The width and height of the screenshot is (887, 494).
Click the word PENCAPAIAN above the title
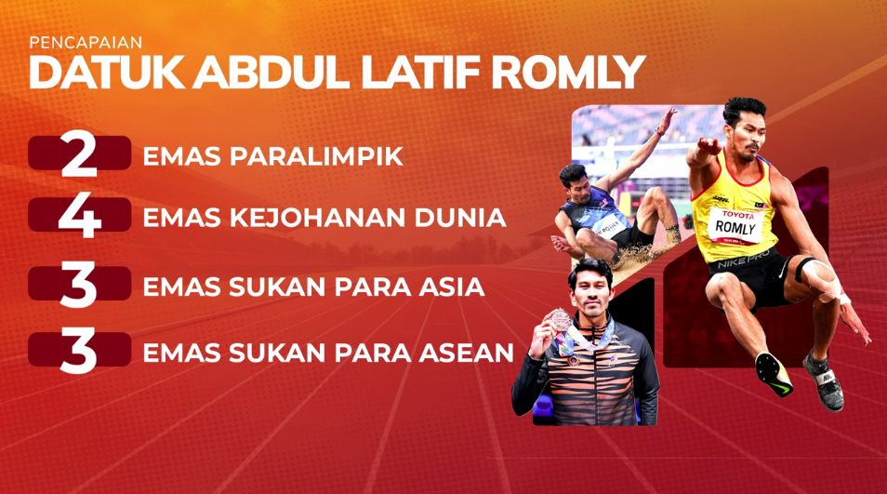click(x=86, y=43)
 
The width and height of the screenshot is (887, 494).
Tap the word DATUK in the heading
click(x=106, y=73)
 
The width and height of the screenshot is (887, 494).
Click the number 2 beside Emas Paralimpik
click(x=79, y=154)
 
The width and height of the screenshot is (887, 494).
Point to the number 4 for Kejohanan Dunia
click(x=79, y=217)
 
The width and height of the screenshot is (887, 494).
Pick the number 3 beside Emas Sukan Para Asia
click(x=79, y=286)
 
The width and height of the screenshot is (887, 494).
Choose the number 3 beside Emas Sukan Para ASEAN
click(x=79, y=351)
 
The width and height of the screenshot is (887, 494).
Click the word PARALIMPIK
click(x=316, y=156)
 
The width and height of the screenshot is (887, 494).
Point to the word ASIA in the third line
click(x=452, y=287)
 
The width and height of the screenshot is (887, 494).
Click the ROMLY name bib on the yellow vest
click(x=735, y=226)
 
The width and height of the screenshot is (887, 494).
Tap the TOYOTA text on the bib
click(x=737, y=215)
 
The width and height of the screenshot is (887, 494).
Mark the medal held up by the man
click(x=561, y=319)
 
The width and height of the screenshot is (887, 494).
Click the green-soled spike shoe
click(x=774, y=373)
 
